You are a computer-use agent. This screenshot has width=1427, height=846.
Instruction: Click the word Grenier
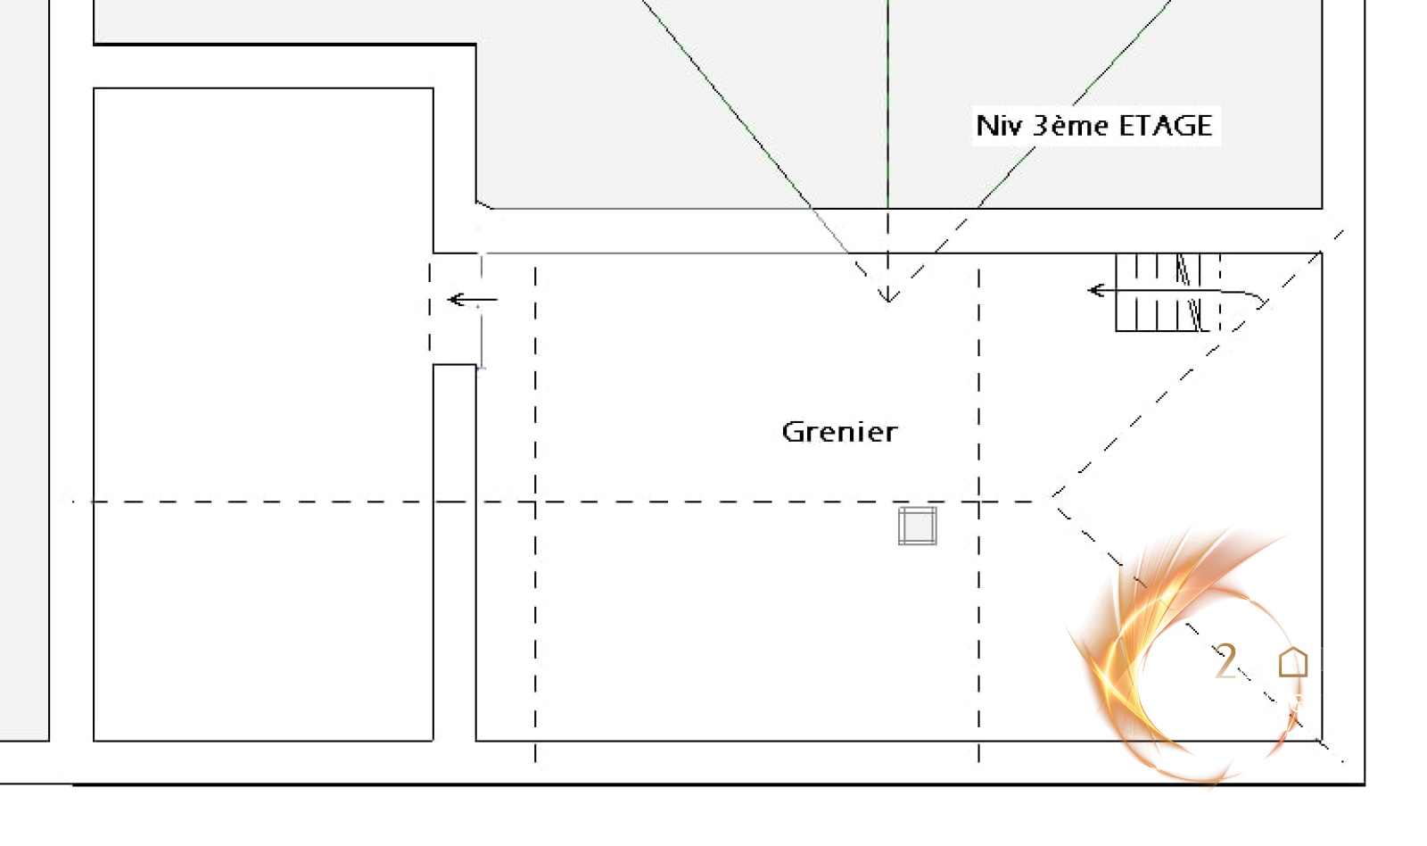click(839, 432)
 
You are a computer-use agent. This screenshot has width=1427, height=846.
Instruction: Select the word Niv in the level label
click(997, 126)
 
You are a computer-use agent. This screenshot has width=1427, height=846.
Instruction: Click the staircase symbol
click(1159, 293)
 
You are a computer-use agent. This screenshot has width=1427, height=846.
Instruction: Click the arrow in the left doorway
click(471, 300)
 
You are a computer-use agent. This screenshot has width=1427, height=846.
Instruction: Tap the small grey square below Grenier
click(917, 526)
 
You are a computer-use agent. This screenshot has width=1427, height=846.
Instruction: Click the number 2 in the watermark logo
click(1226, 662)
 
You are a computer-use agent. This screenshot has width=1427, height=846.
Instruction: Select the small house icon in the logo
click(1292, 663)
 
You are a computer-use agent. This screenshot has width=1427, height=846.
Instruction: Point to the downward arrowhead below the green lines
click(887, 294)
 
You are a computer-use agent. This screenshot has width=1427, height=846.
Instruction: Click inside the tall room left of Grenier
click(263, 411)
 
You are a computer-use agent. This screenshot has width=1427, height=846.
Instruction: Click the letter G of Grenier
click(792, 432)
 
